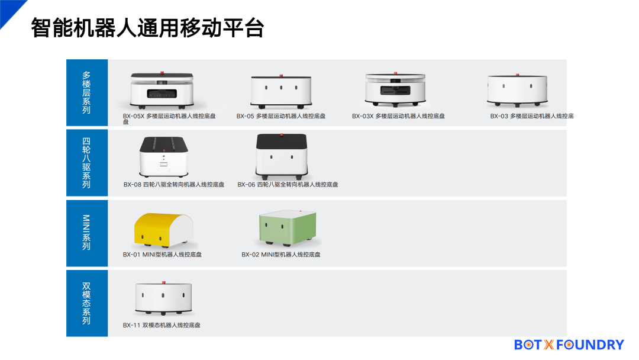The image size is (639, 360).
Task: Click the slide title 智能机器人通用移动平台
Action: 147,28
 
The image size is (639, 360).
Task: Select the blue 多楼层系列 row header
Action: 87,92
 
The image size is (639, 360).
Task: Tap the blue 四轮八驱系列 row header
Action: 87,163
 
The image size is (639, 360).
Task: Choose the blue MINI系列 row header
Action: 87,233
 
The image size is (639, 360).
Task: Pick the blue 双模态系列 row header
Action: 87,303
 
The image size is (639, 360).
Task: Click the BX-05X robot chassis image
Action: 162,90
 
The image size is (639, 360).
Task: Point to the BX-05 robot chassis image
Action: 281,92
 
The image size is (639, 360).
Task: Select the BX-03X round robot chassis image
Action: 395,89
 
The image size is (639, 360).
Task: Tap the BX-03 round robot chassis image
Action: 517,90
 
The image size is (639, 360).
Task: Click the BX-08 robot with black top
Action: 163,157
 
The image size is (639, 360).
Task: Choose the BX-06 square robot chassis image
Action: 282,156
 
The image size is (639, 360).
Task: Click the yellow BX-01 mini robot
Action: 164,230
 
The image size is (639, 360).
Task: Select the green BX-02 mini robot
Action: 288,227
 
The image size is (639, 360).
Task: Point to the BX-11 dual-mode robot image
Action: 163,298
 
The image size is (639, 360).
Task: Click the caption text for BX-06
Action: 288,185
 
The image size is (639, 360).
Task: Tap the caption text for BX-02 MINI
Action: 281,255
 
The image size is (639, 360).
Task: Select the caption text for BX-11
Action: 162,325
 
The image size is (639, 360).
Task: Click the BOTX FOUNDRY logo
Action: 569,345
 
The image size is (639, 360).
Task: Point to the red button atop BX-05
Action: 281,76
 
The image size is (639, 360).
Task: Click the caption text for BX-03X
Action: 398,116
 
